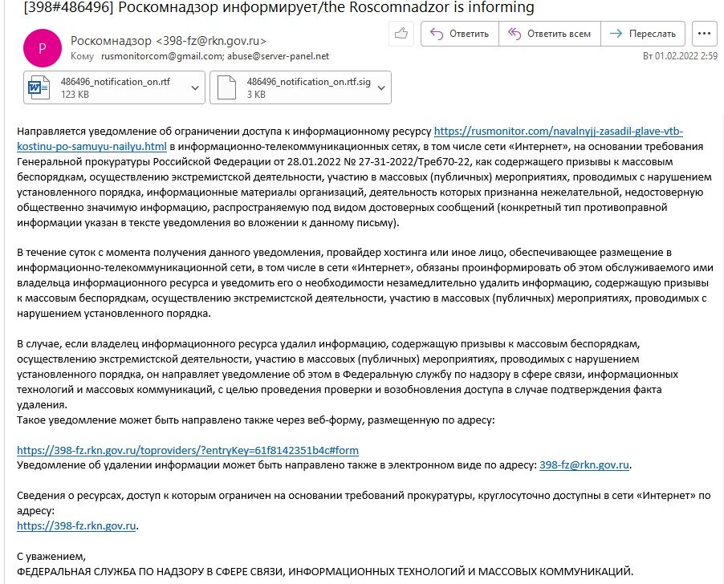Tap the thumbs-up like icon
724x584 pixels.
401,34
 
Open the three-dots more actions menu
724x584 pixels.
704,34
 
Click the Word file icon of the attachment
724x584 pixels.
39,87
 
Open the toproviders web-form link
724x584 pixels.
188,450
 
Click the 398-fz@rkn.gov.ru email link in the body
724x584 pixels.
584,464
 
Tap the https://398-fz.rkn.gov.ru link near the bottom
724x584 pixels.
77,526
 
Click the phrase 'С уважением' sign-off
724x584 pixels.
50,556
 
